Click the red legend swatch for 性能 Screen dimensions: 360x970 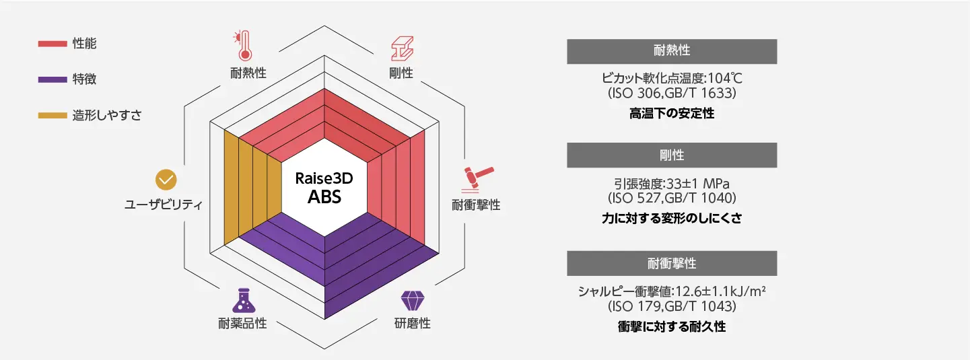click(52, 44)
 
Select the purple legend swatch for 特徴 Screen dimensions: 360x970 click(52, 79)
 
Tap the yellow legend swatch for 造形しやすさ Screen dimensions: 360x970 click(52, 115)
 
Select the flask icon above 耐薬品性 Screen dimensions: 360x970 click(242, 300)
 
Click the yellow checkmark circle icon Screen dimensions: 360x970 click(166, 180)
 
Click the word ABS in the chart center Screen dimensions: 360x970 click(324, 197)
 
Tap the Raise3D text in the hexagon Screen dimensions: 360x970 click(324, 180)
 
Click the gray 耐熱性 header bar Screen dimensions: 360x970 click(672, 51)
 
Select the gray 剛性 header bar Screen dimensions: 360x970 click(672, 155)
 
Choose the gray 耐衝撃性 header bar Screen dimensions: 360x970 click(672, 263)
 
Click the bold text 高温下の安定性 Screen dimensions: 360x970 click(672, 113)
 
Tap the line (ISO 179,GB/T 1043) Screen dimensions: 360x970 click(672, 307)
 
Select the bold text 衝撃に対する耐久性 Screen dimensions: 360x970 click(672, 327)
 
